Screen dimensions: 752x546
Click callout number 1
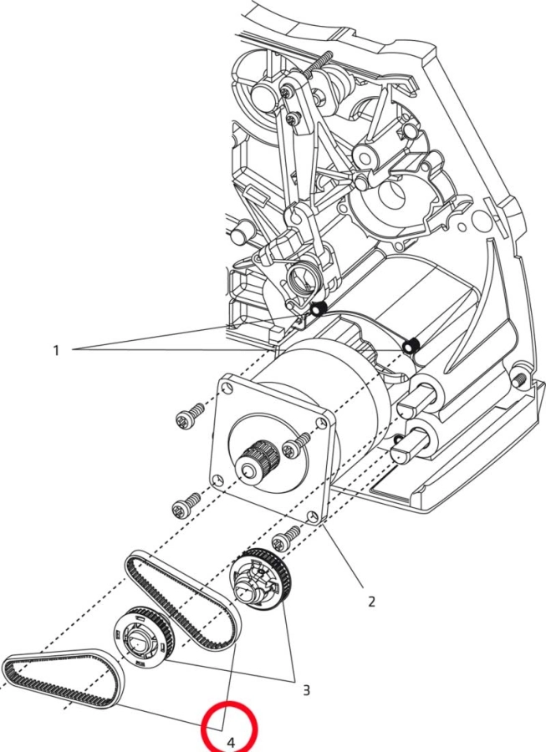[57, 350]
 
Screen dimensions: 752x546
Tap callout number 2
[371, 601]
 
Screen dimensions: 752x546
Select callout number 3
[306, 689]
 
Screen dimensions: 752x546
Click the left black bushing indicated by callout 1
[318, 312]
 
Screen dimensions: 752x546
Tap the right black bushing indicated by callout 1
[411, 346]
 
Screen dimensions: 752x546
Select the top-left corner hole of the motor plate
[226, 387]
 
